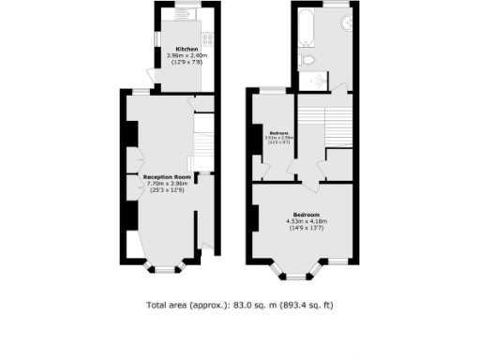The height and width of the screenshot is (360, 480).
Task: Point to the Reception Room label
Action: click(x=167, y=176)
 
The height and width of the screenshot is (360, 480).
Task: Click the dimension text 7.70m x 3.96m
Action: click(x=167, y=183)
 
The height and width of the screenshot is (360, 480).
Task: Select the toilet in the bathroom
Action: click(x=308, y=61)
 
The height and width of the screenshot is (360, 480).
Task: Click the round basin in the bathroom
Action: click(x=343, y=24)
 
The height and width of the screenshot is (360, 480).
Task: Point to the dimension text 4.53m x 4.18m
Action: click(x=307, y=221)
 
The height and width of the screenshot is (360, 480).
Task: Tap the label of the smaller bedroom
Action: click(x=278, y=132)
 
